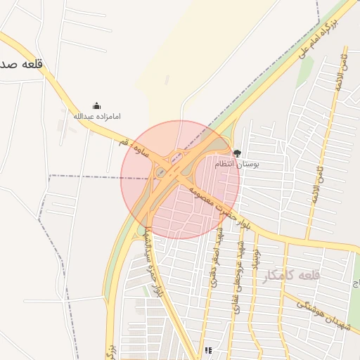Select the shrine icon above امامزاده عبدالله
pyautogui.click(x=97, y=105)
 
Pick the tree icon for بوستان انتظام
pyautogui.click(x=236, y=153)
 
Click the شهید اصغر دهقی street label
pyautogui.click(x=216, y=259)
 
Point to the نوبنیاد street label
pyautogui.click(x=256, y=260)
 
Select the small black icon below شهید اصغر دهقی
pyautogui.click(x=208, y=349)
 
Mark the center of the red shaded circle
pyautogui.click(x=180, y=180)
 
